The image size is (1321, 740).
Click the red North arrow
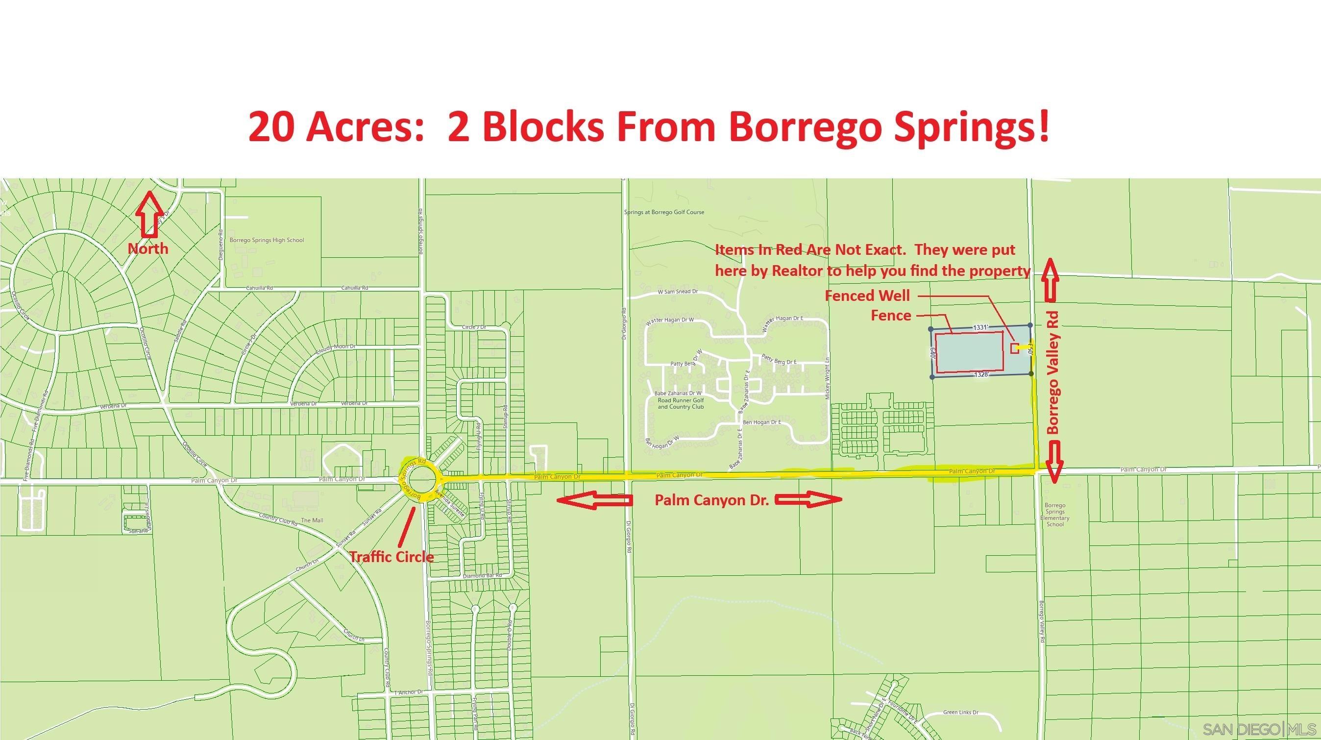point(149,214)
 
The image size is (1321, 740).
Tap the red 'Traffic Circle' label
point(391,557)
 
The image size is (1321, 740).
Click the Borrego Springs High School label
point(266,240)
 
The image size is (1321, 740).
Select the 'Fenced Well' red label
point(867,296)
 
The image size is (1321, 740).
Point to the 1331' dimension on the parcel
point(980,327)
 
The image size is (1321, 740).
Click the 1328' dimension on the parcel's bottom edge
point(980,375)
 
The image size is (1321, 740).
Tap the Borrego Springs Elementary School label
point(1055,515)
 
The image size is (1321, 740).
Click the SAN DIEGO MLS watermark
point(1258,729)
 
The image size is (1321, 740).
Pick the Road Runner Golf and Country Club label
point(680,403)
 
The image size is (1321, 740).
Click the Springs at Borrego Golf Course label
point(663,212)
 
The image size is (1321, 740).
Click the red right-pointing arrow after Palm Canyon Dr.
point(807,500)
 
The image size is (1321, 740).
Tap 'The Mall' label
point(312,520)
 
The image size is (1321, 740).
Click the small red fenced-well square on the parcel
point(1014,348)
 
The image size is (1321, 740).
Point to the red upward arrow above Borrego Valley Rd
point(1049,279)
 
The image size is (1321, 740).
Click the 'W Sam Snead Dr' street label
point(678,292)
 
